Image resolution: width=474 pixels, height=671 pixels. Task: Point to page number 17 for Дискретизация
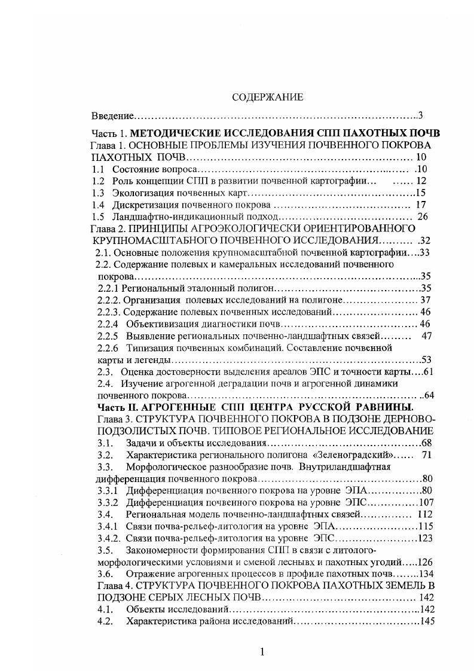[420, 205]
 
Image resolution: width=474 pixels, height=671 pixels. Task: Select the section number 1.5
[99, 216]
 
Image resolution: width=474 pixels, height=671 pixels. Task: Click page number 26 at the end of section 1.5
[423, 216]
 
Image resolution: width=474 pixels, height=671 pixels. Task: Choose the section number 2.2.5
[109, 336]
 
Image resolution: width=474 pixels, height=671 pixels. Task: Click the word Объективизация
[157, 324]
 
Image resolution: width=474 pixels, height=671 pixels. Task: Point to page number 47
[426, 336]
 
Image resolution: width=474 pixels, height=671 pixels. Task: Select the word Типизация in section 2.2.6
[147, 347]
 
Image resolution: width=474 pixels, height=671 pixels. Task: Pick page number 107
[425, 502]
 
